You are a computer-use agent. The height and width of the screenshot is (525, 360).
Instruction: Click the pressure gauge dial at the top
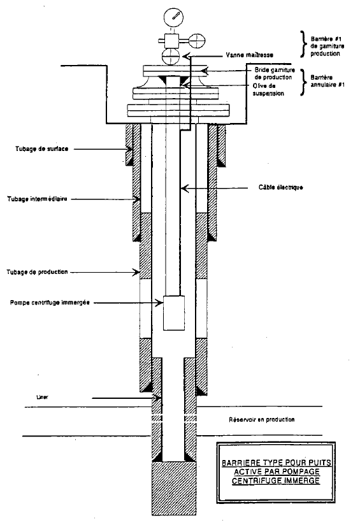tap(173, 17)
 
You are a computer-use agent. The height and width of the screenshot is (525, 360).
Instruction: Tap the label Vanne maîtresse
tap(250, 55)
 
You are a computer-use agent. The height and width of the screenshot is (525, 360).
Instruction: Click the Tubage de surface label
tap(41, 148)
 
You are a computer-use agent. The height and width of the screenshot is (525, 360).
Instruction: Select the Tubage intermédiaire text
tap(37, 199)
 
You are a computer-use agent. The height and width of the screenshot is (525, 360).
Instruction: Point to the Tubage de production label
tap(37, 272)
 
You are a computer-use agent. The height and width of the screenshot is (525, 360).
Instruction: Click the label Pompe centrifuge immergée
tap(50, 303)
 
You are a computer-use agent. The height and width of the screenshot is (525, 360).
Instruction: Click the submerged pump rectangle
tap(174, 313)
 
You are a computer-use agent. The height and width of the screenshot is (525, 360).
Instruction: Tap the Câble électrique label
tap(280, 187)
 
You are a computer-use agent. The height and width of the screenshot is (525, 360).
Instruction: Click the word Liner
tap(42, 397)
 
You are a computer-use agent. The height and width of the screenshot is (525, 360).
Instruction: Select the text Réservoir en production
tap(261, 419)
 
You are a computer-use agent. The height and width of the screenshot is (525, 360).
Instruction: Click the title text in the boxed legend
tap(276, 471)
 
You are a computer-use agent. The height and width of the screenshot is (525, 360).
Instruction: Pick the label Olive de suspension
tap(268, 90)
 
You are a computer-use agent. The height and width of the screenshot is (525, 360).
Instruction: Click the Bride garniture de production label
tap(273, 74)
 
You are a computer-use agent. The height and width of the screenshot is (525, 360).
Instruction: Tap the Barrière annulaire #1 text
tap(327, 81)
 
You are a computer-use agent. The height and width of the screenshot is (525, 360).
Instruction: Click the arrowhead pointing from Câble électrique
tap(185, 189)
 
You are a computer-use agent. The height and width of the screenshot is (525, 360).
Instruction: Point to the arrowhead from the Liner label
tap(157, 398)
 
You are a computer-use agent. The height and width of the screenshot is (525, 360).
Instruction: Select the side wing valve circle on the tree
tap(197, 41)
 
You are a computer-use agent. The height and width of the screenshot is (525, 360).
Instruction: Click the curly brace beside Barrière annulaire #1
tap(303, 82)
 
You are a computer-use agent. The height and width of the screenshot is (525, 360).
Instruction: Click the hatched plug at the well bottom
tap(173, 488)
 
